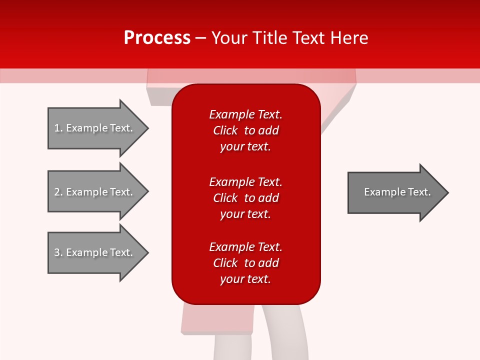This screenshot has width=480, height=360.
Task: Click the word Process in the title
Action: [x=157, y=38]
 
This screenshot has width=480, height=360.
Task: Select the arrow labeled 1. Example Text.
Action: [x=95, y=128]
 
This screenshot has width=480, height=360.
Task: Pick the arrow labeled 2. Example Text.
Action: [x=95, y=192]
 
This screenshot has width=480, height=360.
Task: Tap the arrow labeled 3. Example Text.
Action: [x=95, y=252]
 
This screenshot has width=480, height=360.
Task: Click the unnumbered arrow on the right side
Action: [x=397, y=192]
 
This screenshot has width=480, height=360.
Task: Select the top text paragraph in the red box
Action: [x=245, y=130]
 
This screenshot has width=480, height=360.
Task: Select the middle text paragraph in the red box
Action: [x=245, y=198]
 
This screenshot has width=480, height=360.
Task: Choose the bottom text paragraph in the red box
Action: [x=245, y=263]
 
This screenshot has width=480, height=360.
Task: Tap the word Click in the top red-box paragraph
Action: [x=225, y=131]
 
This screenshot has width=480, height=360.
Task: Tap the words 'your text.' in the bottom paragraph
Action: [x=245, y=279]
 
